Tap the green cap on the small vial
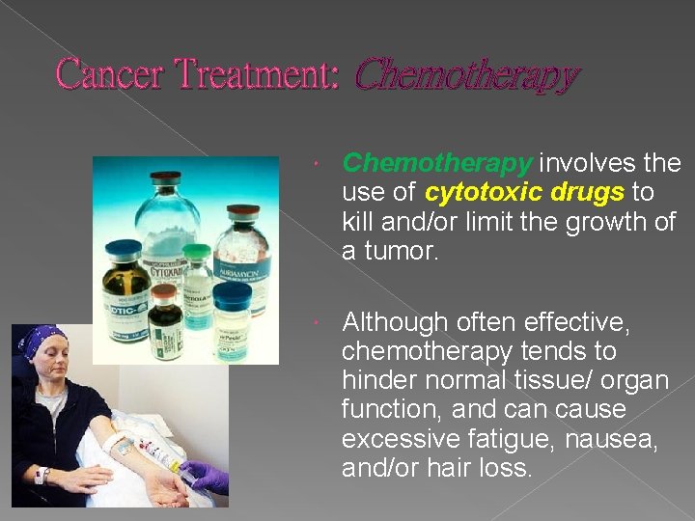click(x=197, y=252)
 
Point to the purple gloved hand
click(x=207, y=475)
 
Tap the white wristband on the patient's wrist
click(x=42, y=475)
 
